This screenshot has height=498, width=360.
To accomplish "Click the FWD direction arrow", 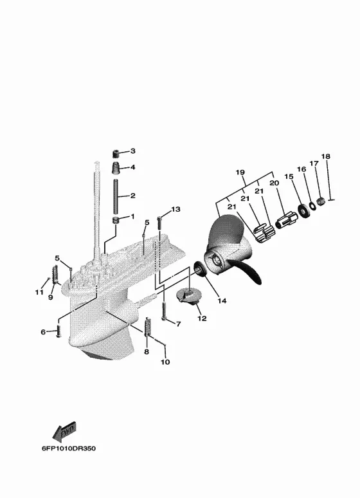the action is click(x=64, y=432).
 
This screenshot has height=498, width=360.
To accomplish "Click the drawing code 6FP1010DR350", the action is click(x=69, y=448).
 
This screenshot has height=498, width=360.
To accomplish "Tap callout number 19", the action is click(x=240, y=172).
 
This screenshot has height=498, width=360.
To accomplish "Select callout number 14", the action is click(x=222, y=300).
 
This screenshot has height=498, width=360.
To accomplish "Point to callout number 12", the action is click(x=203, y=318).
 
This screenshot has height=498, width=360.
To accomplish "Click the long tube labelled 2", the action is click(x=116, y=197).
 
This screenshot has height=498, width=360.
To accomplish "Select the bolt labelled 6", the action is click(x=58, y=331).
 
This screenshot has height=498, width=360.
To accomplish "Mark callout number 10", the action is click(x=165, y=362).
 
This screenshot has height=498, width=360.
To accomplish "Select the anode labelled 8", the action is click(x=147, y=327).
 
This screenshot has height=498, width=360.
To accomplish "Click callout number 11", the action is click(x=39, y=292).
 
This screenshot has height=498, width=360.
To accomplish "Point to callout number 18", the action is click(x=326, y=156).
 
